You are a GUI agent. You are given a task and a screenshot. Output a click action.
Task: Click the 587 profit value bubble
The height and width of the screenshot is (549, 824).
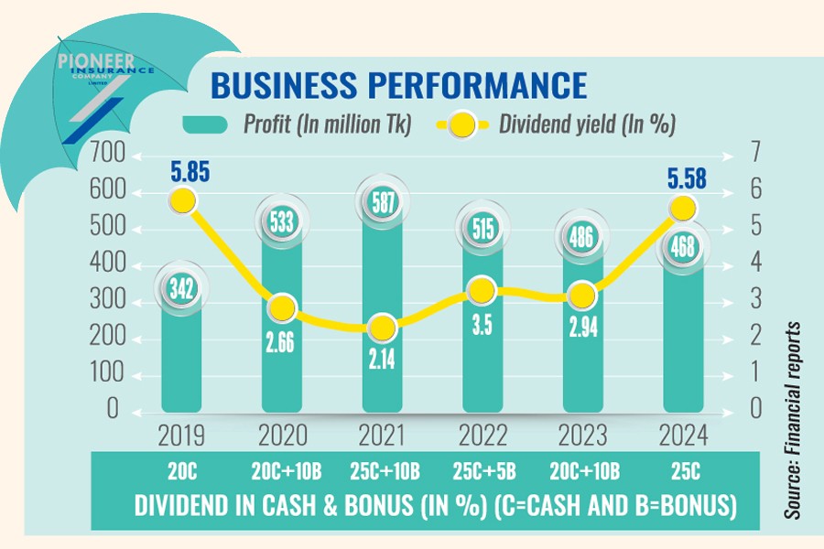pyautogui.click(x=383, y=202)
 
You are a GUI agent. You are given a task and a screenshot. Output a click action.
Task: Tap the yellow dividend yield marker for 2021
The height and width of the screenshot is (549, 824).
pyautogui.click(x=383, y=328)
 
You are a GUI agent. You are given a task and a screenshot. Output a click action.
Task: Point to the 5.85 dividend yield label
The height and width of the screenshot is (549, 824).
pyautogui.click(x=182, y=169)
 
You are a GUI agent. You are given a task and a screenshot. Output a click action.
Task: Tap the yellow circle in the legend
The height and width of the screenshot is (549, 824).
pyautogui.click(x=463, y=124)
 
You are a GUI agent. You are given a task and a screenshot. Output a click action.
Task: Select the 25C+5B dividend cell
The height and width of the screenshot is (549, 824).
pyautogui.click(x=483, y=471)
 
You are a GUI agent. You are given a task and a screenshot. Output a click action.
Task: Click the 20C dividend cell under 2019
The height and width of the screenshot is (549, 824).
pyautogui.click(x=182, y=471)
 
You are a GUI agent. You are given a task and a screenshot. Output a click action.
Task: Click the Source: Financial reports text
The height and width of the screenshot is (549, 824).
pyautogui.click(x=793, y=420)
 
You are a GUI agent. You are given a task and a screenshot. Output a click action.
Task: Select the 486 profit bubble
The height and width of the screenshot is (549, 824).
pyautogui.click(x=583, y=239)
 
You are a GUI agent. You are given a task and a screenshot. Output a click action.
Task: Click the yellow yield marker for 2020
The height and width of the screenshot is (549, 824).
pyautogui.click(x=283, y=307)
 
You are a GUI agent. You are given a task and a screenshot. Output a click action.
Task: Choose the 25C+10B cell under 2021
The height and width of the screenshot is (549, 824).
pyautogui.click(x=383, y=471)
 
